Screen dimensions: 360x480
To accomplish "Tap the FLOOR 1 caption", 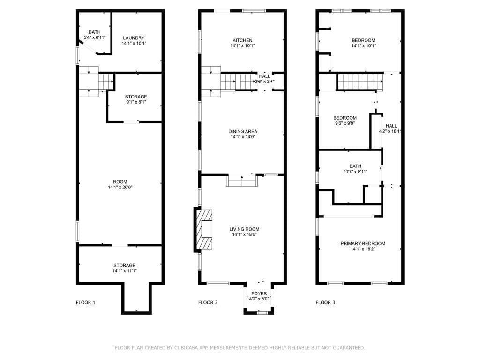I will click(86, 303).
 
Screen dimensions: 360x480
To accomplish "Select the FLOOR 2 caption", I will click(208, 303).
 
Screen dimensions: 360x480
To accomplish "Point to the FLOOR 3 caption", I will click(325, 303).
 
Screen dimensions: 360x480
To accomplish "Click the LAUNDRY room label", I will click(134, 38).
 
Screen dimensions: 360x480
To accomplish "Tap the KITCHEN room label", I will click(242, 40).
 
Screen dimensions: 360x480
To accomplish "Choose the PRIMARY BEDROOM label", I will click(363, 243).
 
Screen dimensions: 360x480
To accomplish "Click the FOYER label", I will click(259, 294).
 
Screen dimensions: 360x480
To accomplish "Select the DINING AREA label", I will click(243, 131).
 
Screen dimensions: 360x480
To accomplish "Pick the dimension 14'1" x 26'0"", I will click(120, 187).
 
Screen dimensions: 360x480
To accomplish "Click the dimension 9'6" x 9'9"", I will click(345, 124).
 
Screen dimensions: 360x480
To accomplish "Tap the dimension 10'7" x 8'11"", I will click(355, 172).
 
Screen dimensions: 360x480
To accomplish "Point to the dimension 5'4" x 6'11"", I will click(95, 37).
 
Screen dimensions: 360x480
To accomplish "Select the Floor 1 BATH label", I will click(95, 32).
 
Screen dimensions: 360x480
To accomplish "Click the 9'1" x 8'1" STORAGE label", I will click(136, 97).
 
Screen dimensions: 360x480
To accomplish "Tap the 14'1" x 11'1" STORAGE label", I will click(124, 265).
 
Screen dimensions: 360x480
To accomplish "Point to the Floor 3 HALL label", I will click(391, 126).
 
